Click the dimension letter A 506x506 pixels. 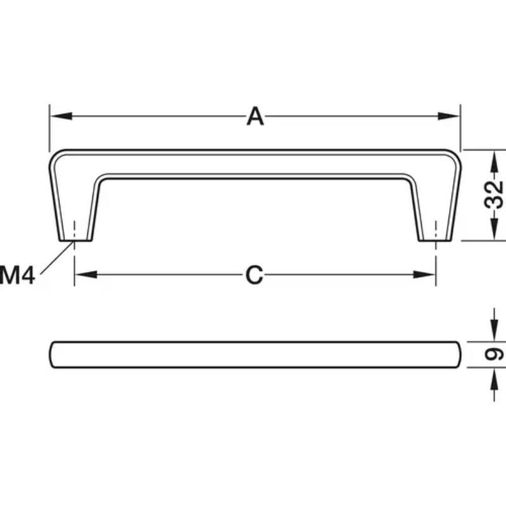pyautogui.click(x=255, y=116)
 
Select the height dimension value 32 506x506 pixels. pyautogui.click(x=494, y=195)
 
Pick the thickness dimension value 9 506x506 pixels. pyautogui.click(x=494, y=354)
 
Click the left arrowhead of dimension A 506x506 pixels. pyautogui.click(x=61, y=116)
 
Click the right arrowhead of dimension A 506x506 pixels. pyautogui.click(x=448, y=116)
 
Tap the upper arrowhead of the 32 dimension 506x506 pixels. pyautogui.click(x=494, y=162)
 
